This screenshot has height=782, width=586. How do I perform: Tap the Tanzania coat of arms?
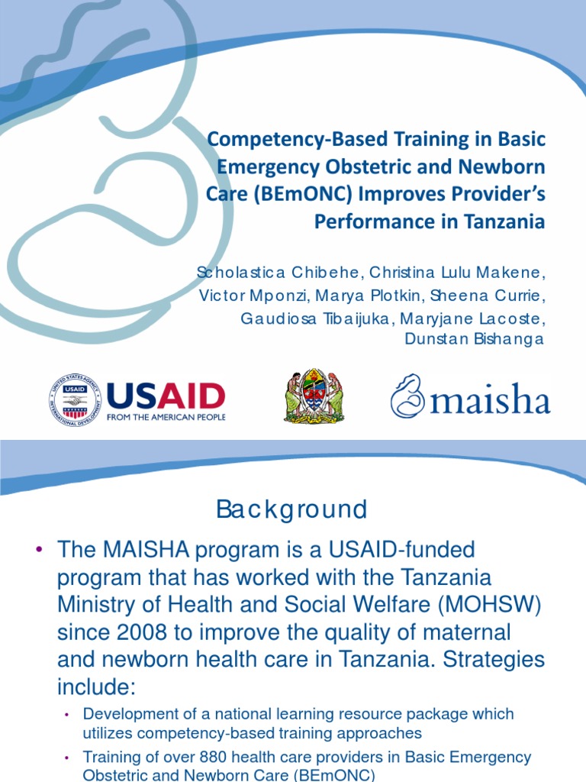click(314, 397)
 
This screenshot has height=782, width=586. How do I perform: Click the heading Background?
click(291, 509)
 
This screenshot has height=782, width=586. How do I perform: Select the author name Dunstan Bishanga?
click(474, 339)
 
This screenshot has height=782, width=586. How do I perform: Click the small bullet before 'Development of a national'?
click(66, 715)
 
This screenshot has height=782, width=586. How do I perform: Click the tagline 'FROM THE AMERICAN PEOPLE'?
click(166, 418)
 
